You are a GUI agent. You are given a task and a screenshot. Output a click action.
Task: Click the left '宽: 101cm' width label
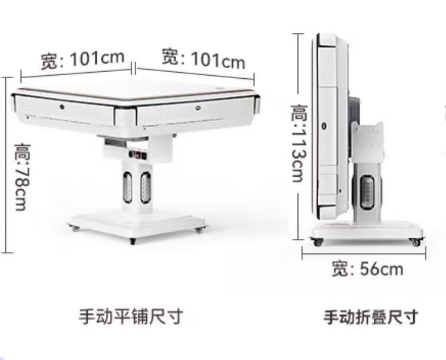[82, 60]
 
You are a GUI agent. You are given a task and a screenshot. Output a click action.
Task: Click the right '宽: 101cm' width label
[204, 59]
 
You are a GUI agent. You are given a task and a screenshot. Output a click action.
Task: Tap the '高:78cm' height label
[20, 176]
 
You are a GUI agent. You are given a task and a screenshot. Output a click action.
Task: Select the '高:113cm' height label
[298, 143]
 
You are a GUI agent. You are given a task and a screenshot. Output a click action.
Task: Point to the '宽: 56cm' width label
[367, 269]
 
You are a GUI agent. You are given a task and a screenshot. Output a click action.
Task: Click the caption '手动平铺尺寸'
[130, 316]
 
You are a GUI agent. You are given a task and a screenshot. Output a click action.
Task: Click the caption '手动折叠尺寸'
[370, 316]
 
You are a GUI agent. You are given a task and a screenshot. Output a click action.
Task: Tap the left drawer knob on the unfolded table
[62, 106]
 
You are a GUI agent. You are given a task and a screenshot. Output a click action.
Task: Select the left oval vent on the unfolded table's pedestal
[127, 187]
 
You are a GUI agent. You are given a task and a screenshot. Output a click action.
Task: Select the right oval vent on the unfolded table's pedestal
[145, 187]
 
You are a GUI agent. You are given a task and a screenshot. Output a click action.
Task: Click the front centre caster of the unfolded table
[132, 240]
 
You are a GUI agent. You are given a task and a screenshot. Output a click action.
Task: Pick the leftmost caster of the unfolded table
[75, 228]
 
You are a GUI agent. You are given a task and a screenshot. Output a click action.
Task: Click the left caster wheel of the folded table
[316, 242]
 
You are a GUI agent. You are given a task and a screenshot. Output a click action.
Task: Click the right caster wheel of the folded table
[414, 242]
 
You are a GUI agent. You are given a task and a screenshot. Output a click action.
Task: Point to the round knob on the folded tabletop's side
[323, 126]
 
